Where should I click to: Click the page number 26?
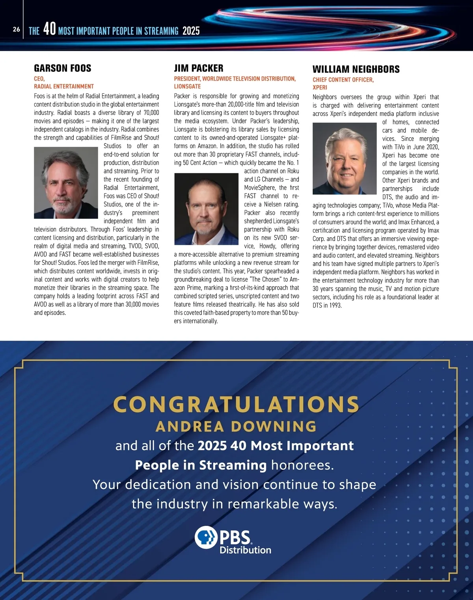(16, 29)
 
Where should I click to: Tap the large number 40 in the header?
(49, 29)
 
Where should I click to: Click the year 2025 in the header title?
(191, 31)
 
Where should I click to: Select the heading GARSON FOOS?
(63, 68)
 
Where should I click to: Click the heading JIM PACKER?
(199, 68)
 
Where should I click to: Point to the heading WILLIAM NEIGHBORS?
(356, 69)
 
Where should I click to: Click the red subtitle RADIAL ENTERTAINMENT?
(64, 86)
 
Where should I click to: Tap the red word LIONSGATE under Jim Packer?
(187, 86)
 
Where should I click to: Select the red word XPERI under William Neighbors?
(320, 88)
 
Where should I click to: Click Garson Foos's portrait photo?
(66, 183)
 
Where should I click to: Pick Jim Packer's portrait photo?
(206, 209)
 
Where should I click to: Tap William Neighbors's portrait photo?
(345, 158)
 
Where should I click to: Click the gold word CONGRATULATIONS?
(236, 404)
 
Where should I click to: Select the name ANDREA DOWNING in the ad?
(236, 427)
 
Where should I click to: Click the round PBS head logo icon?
(206, 537)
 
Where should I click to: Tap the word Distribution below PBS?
(245, 550)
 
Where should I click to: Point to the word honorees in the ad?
(302, 465)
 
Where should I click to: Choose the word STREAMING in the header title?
(161, 31)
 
